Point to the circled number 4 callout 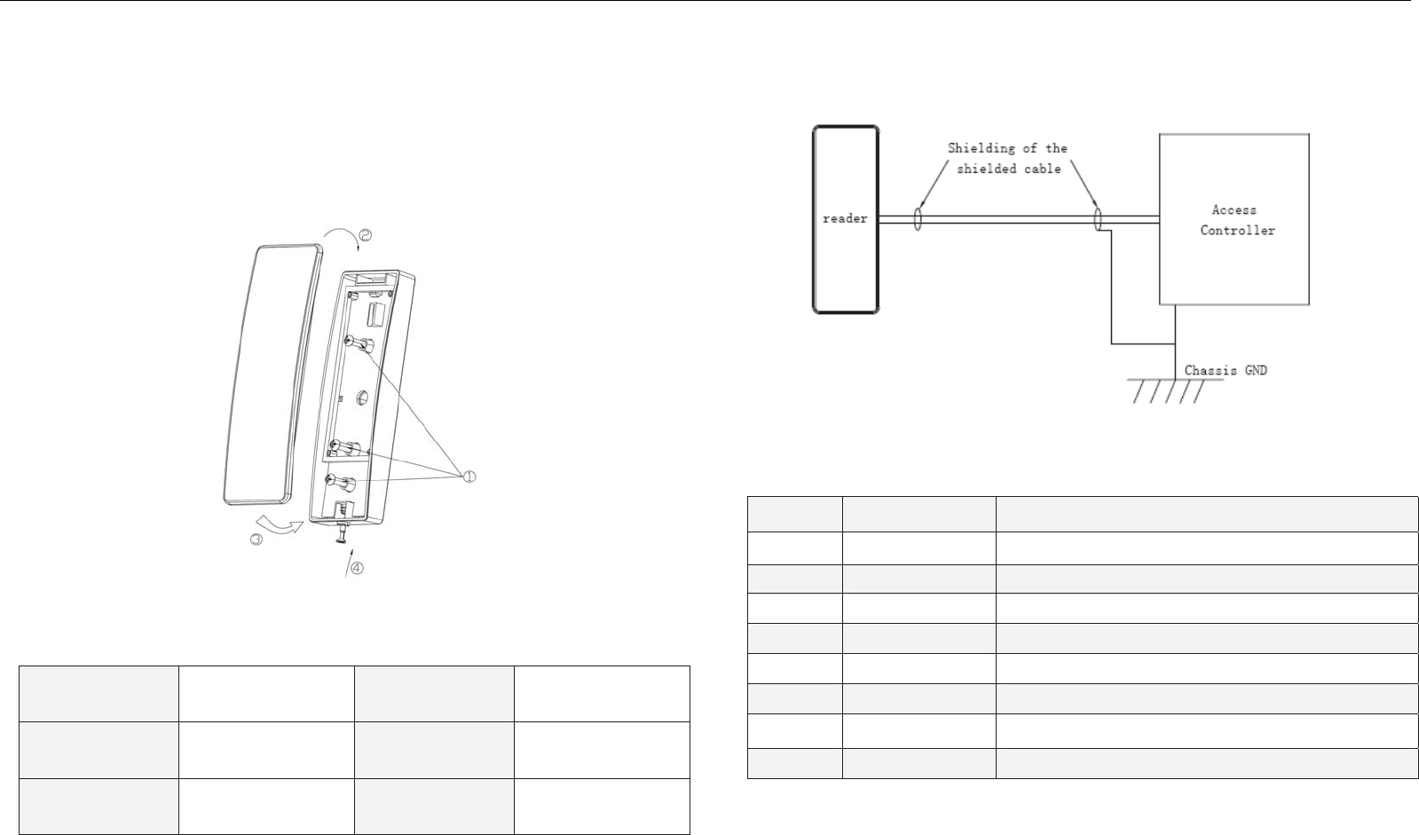pos(357,569)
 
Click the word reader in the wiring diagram pos(845,218)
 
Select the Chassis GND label pos(1226,370)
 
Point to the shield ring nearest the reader pos(918,219)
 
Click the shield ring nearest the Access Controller pos(1099,219)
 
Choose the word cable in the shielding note pos(1042,169)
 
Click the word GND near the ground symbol pos(1253,370)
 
